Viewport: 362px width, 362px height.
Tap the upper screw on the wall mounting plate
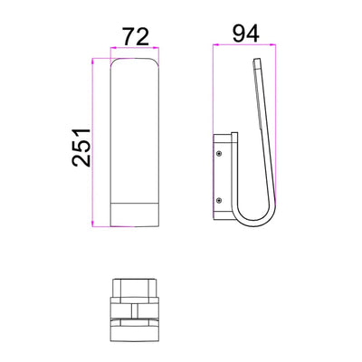(219, 154)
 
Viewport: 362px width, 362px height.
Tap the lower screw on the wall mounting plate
(219, 201)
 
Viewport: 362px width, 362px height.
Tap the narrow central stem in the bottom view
(134, 310)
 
